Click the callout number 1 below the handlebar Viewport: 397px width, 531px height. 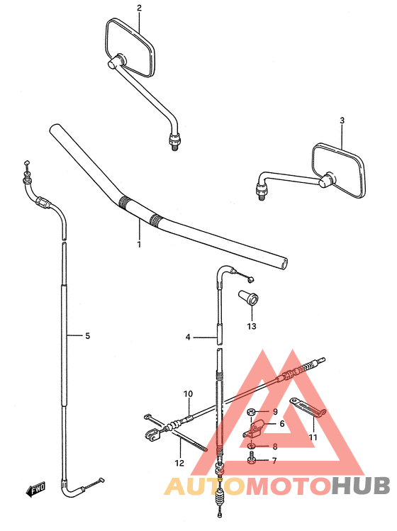point(139,244)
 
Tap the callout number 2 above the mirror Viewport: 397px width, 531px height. point(139,9)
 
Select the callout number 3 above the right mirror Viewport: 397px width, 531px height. point(342,121)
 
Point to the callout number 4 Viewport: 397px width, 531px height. point(188,337)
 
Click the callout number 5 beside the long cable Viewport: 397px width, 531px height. point(87,336)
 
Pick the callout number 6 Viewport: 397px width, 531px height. point(281,424)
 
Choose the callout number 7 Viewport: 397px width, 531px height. point(274,461)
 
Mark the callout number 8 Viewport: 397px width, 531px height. point(275,447)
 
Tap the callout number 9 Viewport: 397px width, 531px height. point(274,412)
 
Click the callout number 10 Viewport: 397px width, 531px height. point(188,394)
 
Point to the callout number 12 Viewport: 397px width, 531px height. point(179,464)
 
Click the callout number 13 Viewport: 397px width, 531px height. point(251,327)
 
